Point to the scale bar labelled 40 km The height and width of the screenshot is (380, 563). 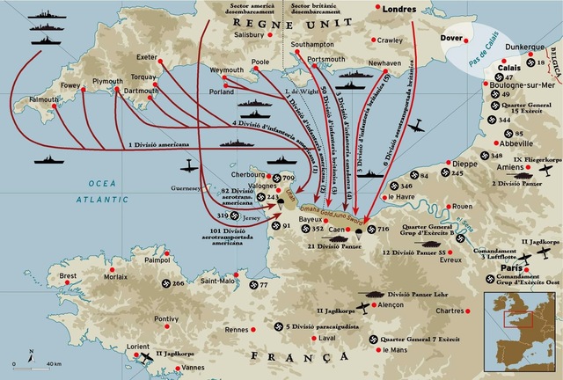click(35, 363)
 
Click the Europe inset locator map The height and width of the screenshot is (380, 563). click(514, 329)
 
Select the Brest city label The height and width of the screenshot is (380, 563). click(69, 275)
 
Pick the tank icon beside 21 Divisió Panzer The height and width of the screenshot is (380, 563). click(339, 236)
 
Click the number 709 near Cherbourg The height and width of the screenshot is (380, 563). click(288, 179)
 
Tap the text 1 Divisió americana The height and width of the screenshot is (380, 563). click(157, 143)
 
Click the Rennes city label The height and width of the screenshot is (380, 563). click(237, 330)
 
